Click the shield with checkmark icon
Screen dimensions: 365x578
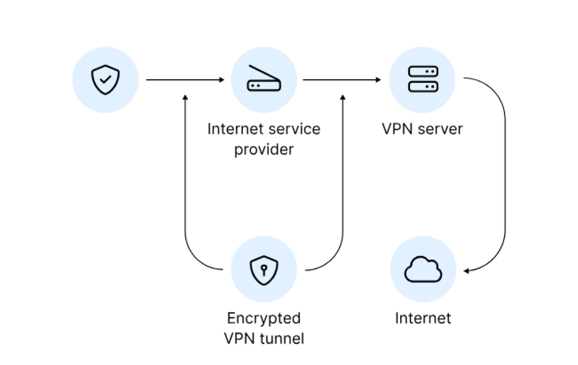coord(105,80)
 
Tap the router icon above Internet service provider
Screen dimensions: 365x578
coord(264,80)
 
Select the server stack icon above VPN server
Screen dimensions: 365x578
coord(423,79)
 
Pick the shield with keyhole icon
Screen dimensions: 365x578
coord(264,269)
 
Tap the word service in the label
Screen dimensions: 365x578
coord(295,129)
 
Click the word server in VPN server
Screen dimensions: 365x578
coord(442,129)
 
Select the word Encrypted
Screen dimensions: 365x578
coord(264,318)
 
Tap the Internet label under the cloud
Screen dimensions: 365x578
coord(423,318)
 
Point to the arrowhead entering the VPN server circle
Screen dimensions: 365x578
coord(379,80)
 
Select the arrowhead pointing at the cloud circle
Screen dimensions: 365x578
coord(466,271)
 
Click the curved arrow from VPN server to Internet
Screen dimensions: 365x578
coord(505,177)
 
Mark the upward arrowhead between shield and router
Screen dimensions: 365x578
coord(185,97)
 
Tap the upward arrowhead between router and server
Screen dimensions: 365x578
coord(343,97)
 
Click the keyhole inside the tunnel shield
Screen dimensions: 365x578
coord(264,268)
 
